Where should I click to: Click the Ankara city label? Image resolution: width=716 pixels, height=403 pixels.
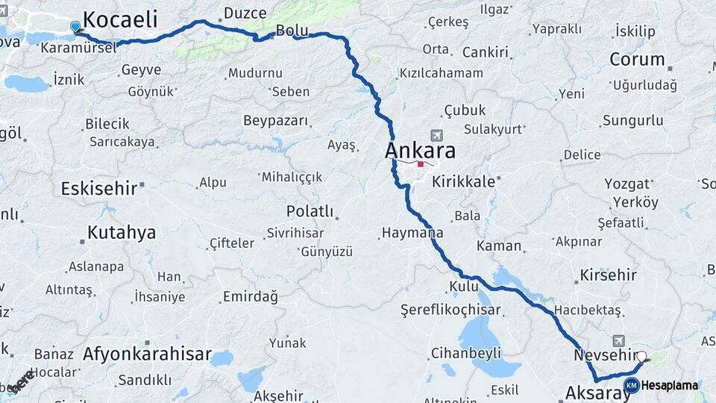[420, 150]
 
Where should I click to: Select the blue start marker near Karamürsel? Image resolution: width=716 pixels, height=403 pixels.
[75, 27]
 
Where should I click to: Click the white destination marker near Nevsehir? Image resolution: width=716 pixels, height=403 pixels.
[641, 357]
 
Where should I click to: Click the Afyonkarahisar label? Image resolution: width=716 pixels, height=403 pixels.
[147, 354]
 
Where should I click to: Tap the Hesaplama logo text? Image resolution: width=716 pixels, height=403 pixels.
[669, 385]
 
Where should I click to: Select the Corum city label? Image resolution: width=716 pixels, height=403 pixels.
[637, 59]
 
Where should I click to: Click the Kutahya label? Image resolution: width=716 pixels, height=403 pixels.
[122, 232]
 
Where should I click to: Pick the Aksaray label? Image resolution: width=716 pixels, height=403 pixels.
[593, 393]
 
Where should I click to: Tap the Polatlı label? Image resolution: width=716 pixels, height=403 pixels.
[310, 211]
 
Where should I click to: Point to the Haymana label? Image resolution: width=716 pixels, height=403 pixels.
[412, 233]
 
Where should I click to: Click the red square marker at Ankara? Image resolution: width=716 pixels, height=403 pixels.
[421, 164]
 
